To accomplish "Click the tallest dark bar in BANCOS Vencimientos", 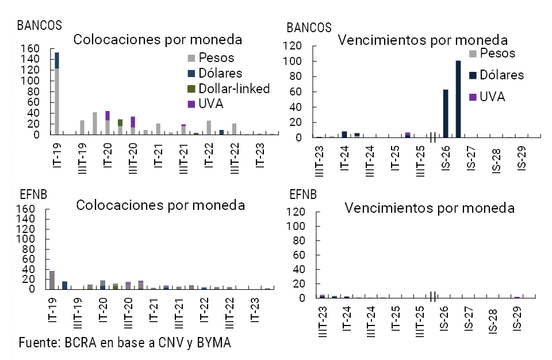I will pyautogui.click(x=458, y=99).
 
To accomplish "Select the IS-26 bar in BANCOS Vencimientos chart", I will pyautogui.click(x=446, y=113).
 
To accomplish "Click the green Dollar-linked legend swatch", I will pyautogui.click(x=192, y=89).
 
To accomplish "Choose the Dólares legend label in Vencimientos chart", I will pyautogui.click(x=501, y=75).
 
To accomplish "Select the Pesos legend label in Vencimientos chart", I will pyautogui.click(x=498, y=53).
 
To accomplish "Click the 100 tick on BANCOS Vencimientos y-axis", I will pyautogui.click(x=295, y=61).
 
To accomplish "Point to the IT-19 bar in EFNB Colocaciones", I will pyautogui.click(x=52, y=280).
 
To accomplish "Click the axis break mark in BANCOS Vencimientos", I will pyautogui.click(x=432, y=138).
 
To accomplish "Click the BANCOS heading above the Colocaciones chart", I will pyautogui.click(x=40, y=25).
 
